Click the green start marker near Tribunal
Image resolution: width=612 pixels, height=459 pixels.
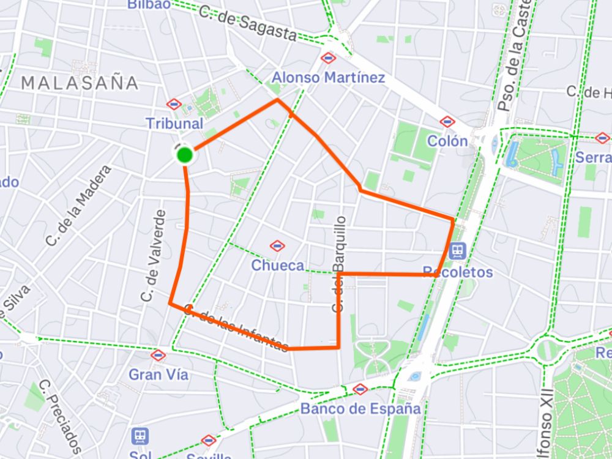185,155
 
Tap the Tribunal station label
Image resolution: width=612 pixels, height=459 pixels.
174,124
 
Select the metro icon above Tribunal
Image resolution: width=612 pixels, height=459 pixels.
174,105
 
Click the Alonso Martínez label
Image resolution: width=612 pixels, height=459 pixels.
328,78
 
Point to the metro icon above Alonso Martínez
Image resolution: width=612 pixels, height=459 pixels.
329,59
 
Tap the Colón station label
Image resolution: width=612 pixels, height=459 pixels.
447,141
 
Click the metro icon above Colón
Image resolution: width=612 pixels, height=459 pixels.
447,122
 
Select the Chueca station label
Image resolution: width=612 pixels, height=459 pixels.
277,266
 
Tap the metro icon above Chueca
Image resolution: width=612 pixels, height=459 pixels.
277,246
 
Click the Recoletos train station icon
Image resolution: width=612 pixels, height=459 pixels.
457,251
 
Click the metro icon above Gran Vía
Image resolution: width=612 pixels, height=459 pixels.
159,355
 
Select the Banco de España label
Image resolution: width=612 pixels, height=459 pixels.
361,409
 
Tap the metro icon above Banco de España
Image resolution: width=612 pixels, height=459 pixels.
360,389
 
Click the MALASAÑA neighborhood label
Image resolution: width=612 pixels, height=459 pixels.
80,83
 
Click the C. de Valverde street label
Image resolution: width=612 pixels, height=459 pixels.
153,255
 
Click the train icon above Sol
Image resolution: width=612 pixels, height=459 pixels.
141,436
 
